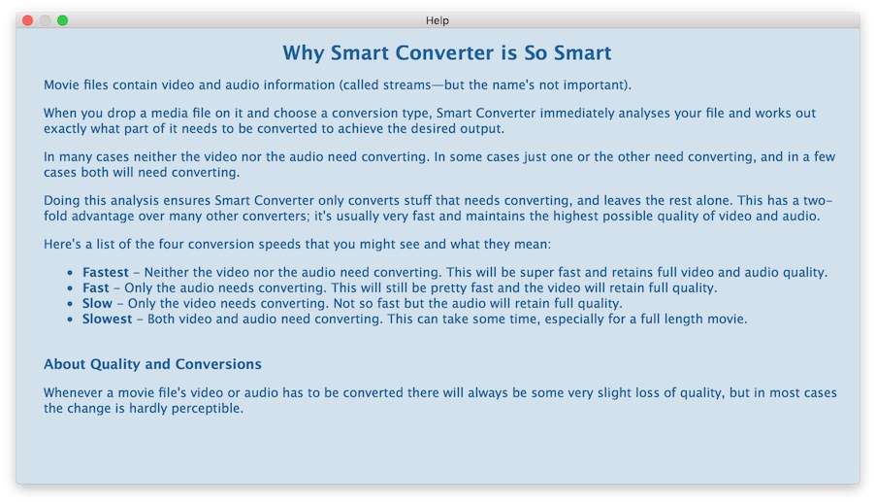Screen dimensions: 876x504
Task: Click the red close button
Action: click(x=27, y=20)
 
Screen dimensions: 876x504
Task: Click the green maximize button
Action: click(x=62, y=20)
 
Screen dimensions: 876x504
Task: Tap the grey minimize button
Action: click(x=46, y=20)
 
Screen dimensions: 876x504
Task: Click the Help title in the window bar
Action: click(x=437, y=20)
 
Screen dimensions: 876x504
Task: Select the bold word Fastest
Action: click(x=106, y=273)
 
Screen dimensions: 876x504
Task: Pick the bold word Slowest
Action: click(x=108, y=319)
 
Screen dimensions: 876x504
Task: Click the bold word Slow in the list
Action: click(x=97, y=303)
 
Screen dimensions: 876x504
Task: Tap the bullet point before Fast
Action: click(x=70, y=288)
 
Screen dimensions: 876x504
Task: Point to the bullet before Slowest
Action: click(x=70, y=319)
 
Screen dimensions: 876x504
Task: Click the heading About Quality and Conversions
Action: click(x=152, y=364)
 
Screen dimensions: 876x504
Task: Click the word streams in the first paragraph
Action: click(x=406, y=85)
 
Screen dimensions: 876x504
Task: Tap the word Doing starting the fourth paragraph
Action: click(x=62, y=201)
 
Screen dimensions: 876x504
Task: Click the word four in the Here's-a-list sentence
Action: click(x=171, y=245)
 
